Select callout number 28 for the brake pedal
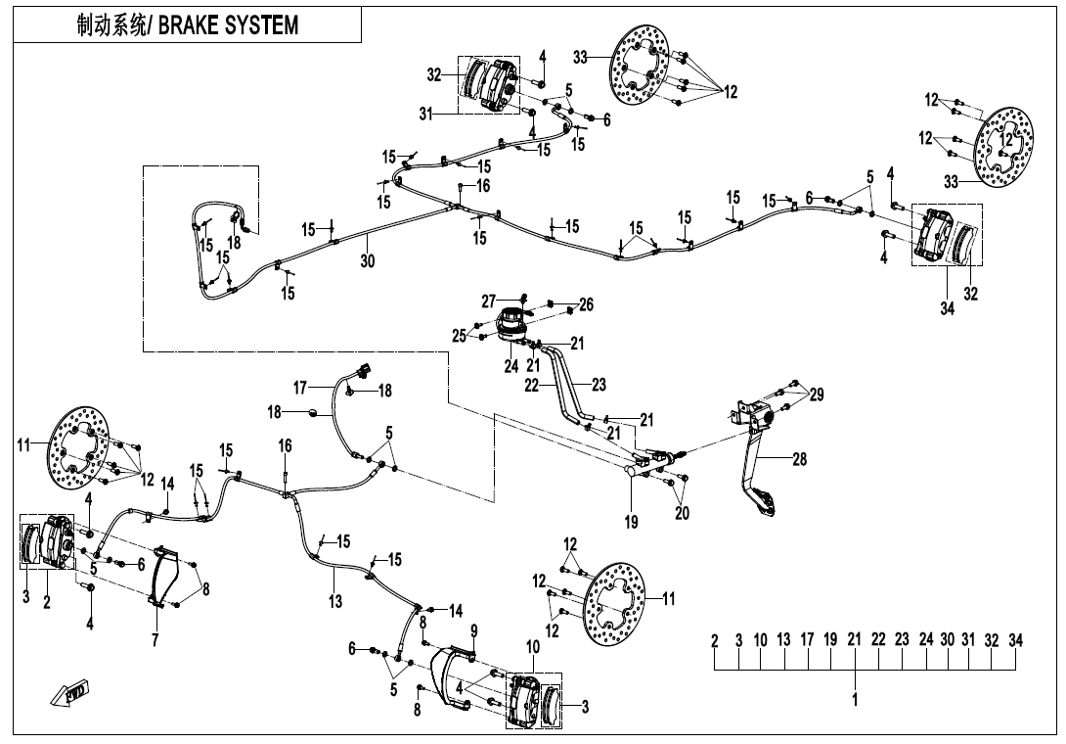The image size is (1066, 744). tap(800, 460)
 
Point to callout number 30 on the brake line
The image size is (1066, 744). tap(367, 261)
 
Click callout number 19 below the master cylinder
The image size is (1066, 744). tap(632, 523)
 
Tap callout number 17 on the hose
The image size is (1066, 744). tap(300, 387)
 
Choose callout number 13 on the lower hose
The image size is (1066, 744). tap(335, 601)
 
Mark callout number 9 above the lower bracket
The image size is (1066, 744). tap(473, 629)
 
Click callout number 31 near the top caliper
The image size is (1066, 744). tap(427, 115)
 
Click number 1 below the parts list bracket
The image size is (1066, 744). tap(855, 700)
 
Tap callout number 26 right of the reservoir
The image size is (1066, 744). tap(585, 304)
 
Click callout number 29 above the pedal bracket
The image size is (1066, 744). tap(816, 395)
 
